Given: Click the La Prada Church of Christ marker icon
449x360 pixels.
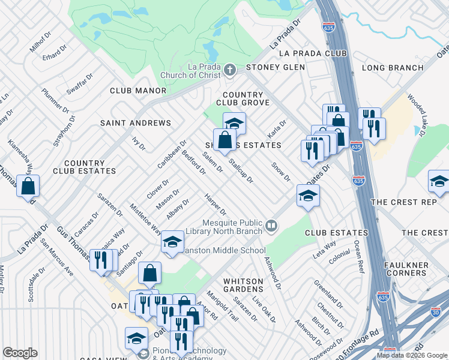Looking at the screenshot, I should click(229, 71).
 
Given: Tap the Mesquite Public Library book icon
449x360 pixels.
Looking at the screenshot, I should click(271, 226).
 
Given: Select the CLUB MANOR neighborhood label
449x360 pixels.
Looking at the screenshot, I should click(137, 91).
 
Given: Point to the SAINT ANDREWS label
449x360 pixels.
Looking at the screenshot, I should click(136, 123).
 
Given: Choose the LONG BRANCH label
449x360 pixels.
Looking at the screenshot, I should click(393, 68).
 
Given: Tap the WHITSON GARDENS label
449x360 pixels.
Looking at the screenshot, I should click(243, 285).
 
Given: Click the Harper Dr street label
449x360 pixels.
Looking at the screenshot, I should click(215, 205).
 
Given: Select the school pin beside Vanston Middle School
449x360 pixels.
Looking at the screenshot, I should click(172, 242).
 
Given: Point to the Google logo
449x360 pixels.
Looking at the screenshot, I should click(20, 353).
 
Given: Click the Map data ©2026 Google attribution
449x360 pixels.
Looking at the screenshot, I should click(411, 355).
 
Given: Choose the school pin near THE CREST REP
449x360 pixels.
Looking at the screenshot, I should click(439, 182).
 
